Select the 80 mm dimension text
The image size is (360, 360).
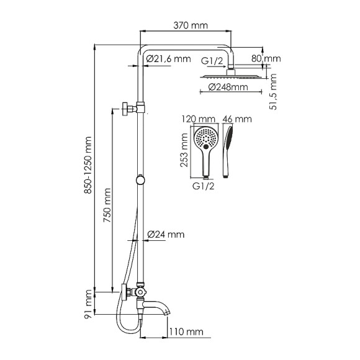271,59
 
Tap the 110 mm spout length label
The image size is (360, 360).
188,333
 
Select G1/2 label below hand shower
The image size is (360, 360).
204,185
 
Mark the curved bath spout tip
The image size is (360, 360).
166,308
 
